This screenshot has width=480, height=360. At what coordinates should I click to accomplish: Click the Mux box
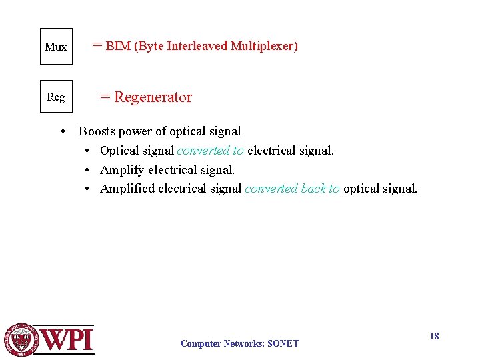56,47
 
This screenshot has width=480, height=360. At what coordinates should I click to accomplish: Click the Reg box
56,97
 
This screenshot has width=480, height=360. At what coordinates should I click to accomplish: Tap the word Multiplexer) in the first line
264,46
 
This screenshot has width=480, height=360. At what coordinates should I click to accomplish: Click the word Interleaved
197,46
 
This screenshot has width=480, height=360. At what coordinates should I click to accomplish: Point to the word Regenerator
153,97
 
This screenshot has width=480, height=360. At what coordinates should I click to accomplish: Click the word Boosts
97,131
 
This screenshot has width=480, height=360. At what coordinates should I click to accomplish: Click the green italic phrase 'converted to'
211,151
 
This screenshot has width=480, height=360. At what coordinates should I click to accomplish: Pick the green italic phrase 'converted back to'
292,189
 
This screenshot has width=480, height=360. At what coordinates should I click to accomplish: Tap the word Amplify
122,170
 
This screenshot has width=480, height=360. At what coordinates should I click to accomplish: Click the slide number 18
434,336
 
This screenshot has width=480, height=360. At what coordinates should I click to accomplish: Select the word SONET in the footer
283,344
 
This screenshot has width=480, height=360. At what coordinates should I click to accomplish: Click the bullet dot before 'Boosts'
61,131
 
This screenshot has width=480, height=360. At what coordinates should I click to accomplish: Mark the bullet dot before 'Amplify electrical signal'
87,170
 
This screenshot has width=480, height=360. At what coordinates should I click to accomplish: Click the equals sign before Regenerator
105,97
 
